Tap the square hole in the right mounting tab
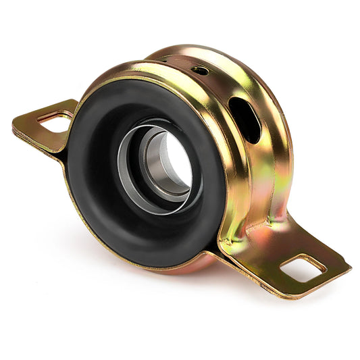(302, 268)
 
